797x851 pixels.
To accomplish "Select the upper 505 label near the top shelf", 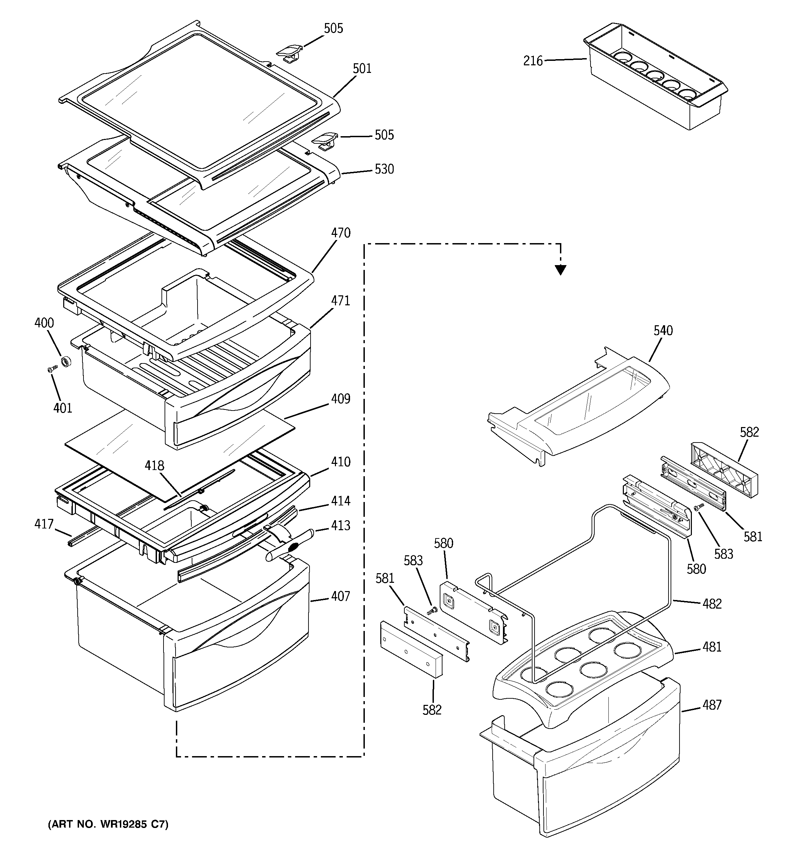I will [333, 29].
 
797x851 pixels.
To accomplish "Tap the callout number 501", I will [362, 68].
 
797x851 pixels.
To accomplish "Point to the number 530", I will [384, 170].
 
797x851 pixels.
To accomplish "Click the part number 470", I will [340, 233].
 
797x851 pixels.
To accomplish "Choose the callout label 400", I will [44, 323].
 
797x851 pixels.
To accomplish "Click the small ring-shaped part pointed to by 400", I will [66, 362].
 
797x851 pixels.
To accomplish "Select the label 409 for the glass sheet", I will [340, 399].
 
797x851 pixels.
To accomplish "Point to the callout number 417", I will [44, 524].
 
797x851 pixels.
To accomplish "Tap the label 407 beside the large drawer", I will [340, 596].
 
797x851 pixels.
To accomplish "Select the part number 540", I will [663, 330].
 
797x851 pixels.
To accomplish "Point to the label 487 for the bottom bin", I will [712, 705].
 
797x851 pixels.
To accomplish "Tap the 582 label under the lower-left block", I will [432, 710].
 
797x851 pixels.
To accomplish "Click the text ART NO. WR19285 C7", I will [108, 824].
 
